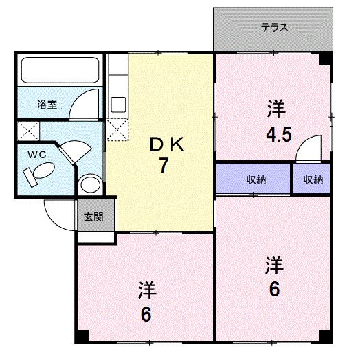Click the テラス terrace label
coord(273,28)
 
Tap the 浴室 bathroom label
coord(47,105)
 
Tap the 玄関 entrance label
coord(93,217)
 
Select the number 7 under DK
coord(164,166)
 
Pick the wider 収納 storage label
coord(256,179)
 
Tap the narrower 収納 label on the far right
coord(313,179)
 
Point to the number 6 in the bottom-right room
coord(274,289)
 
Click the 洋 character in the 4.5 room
coord(275,109)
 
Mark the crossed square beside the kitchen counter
coord(117,128)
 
